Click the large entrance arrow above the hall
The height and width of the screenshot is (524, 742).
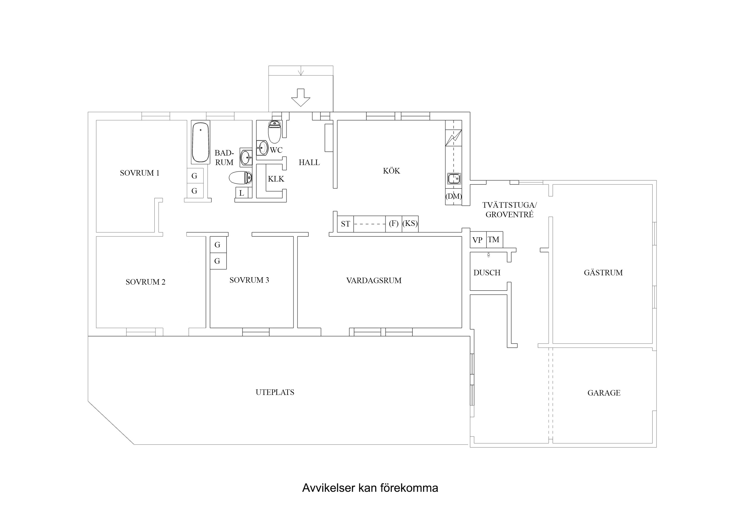300,98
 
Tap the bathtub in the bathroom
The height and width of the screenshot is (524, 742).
200,142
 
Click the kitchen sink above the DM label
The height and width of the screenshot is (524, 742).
454,178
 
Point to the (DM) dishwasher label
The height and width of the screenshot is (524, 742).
453,196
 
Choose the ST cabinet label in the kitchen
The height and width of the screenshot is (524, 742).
345,224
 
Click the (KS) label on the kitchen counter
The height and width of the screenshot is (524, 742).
410,223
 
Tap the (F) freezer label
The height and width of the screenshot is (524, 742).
393,223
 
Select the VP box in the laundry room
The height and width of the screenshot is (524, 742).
477,240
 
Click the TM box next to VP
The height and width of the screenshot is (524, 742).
494,240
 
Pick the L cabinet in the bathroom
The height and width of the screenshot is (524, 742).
241,193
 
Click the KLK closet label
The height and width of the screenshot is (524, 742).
276,179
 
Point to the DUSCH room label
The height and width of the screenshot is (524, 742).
487,273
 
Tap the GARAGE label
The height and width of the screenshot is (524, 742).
604,393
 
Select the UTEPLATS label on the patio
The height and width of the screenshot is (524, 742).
275,392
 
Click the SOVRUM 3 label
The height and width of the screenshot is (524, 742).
249,280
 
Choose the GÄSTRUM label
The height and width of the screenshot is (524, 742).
603,273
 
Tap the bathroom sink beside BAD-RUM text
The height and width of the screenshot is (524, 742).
246,157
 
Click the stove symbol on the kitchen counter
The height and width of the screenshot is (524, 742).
453,138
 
